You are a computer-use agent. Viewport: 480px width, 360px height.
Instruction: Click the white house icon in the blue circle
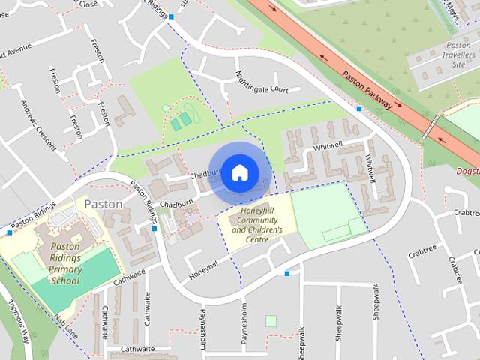pyautogui.click(x=238, y=172)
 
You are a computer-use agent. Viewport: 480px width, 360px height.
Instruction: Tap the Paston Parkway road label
pyautogui.click(x=367, y=90)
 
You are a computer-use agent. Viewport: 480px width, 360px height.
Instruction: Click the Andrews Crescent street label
pyautogui.click(x=38, y=124)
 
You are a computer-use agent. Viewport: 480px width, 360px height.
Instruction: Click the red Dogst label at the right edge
pyautogui.click(x=467, y=171)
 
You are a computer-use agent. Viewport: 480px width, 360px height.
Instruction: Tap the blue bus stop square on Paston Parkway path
pyautogui.click(x=359, y=109)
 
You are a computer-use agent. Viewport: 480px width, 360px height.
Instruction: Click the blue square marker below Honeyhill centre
pyautogui.click(x=287, y=273)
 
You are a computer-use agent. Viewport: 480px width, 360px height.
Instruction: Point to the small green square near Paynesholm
pyautogui.click(x=271, y=321)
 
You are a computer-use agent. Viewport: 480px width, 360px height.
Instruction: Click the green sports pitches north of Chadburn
pyautogui.click(x=180, y=119)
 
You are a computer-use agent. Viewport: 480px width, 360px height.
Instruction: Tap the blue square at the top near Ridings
pyautogui.click(x=172, y=16)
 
